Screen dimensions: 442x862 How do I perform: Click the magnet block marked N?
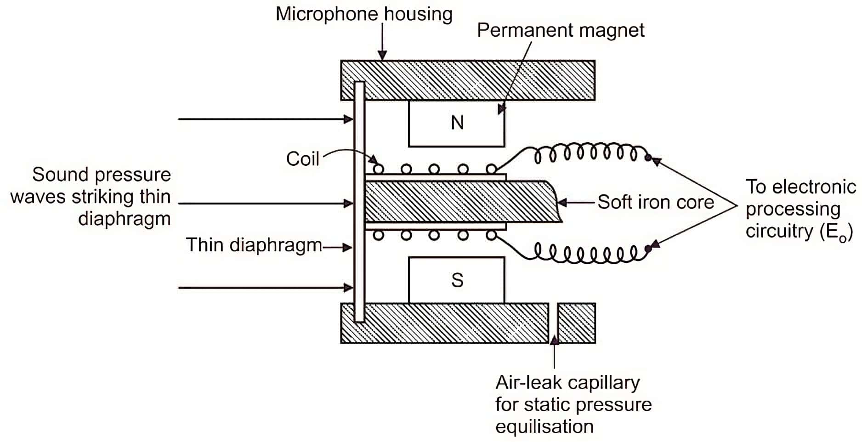(x=456, y=124)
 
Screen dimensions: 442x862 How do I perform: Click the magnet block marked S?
(x=456, y=280)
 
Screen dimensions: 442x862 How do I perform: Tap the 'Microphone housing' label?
(x=363, y=14)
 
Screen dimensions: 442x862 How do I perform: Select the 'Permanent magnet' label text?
(x=560, y=30)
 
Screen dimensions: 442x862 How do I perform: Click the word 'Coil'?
(x=302, y=159)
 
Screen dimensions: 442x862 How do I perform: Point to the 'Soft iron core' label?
(x=655, y=202)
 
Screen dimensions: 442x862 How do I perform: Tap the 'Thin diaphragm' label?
(x=254, y=245)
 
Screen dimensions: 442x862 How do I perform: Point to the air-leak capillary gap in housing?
(x=554, y=323)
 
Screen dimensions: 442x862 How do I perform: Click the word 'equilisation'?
(x=544, y=427)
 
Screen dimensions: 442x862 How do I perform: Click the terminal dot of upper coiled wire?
(x=648, y=158)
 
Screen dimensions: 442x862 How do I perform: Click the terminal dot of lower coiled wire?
(x=648, y=249)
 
